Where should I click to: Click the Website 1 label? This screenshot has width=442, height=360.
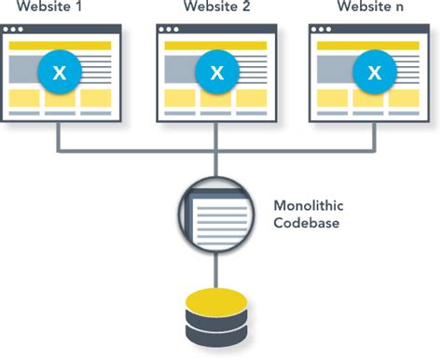(x=59, y=9)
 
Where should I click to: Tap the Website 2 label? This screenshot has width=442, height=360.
(x=215, y=9)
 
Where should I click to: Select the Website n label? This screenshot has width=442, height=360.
(x=372, y=9)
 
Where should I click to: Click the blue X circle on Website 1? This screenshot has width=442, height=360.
(x=59, y=72)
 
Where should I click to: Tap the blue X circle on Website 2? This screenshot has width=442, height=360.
(x=216, y=72)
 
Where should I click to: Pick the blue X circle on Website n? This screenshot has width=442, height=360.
(x=374, y=72)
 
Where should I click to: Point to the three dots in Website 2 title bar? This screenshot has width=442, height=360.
(x=172, y=31)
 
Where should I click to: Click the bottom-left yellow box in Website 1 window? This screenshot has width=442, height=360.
(x=23, y=98)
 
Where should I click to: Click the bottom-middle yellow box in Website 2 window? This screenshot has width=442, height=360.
(x=216, y=98)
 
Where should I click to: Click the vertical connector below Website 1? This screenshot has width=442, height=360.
(x=59, y=135)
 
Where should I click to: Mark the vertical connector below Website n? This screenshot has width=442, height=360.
(x=374, y=135)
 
